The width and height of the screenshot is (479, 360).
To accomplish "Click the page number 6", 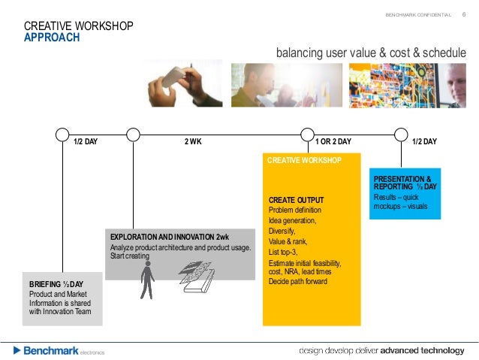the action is click(463, 14).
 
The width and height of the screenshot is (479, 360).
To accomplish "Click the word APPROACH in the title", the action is click(52, 38).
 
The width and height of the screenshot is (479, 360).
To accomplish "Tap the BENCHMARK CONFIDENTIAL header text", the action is click(418, 15).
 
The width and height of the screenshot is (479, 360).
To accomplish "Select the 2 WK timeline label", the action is click(193, 141).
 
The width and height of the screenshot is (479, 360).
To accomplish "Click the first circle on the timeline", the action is click(62, 135).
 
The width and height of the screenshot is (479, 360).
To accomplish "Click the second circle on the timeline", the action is click(133, 135).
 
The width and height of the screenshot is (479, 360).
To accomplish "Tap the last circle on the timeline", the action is click(401, 135).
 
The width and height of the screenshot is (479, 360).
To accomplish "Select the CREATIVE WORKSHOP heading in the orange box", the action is click(305, 160).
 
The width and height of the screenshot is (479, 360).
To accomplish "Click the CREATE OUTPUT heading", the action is click(296, 199).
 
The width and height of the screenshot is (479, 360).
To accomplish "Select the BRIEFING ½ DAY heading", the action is click(56, 284).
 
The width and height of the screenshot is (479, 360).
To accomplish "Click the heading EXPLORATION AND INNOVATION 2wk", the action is click(169, 237).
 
